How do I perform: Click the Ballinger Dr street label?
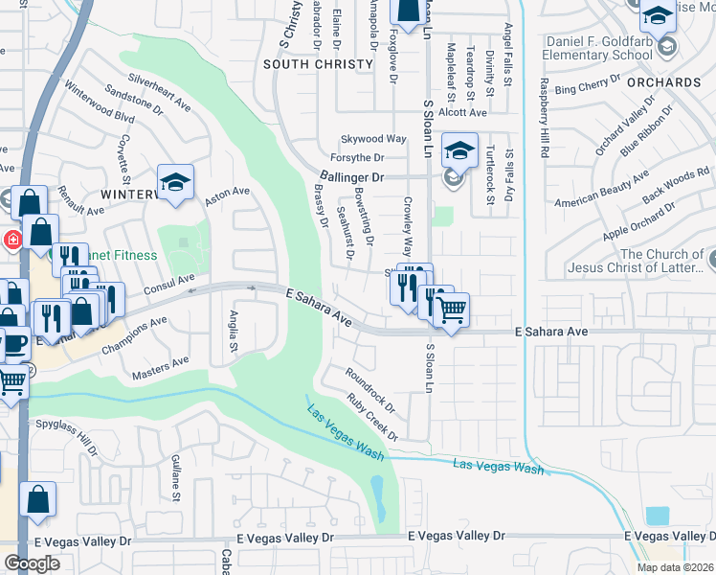[350, 177]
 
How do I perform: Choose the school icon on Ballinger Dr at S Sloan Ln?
[459, 150]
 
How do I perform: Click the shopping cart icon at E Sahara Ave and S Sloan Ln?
[451, 310]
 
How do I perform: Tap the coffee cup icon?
[14, 342]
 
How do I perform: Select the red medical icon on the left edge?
[12, 240]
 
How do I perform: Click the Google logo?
[33, 563]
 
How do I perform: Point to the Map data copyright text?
[675, 567]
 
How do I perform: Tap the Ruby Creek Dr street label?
[371, 416]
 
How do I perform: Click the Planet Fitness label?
[105, 255]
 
